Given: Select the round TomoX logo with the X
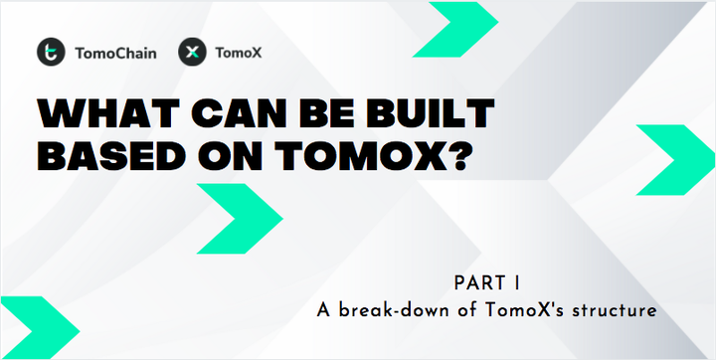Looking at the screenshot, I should tap(192, 52).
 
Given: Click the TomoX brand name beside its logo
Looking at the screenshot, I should tap(238, 53).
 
